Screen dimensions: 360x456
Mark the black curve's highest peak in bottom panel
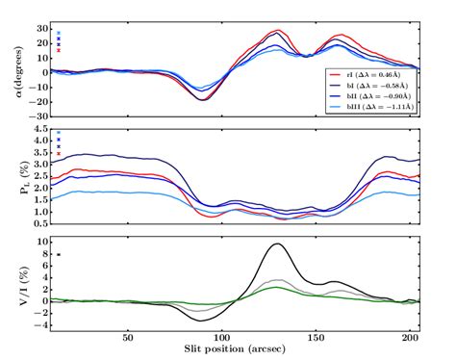coord(277,244)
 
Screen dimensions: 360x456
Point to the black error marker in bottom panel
coord(59,254)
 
